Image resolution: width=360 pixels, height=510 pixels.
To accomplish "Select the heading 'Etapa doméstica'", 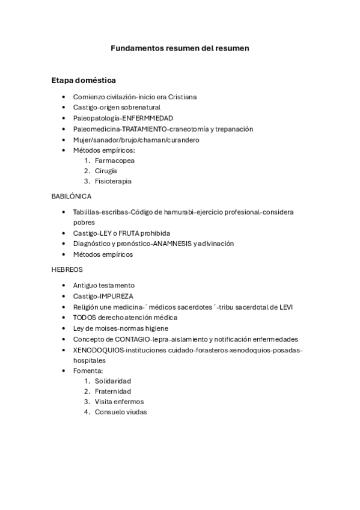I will [84, 80].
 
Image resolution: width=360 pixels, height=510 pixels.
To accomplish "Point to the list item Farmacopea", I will [114, 161].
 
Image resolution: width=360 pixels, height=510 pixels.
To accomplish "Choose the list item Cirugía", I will [106, 171].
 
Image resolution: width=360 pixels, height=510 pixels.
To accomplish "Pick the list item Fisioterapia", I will [113, 181].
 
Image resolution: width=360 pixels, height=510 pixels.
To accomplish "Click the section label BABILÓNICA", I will [72, 197].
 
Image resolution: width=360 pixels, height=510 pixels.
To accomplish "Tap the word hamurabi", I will [186, 212].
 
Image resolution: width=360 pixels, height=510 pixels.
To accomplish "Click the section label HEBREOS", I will [67, 270].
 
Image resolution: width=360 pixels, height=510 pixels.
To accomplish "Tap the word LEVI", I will [286, 307].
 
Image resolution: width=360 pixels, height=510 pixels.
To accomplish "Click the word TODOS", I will [84, 317].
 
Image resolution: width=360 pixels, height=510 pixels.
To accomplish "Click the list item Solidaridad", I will [113, 381].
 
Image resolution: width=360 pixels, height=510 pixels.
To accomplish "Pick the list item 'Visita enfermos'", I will [119, 402].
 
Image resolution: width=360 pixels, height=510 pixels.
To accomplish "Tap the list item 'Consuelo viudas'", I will [121, 412].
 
